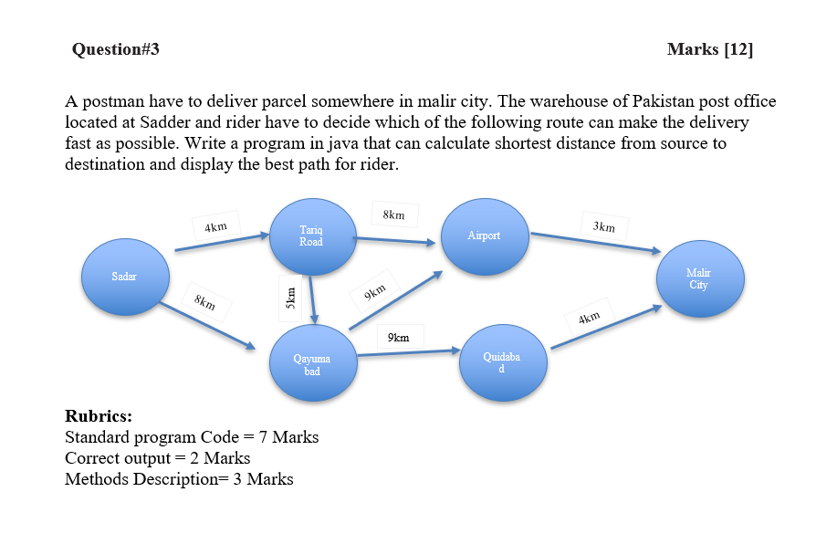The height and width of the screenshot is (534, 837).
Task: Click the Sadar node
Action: (x=124, y=277)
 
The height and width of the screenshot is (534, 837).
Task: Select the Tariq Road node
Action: (x=310, y=236)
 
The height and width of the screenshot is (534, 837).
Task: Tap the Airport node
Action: (x=484, y=236)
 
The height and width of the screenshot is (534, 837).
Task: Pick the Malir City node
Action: (x=698, y=279)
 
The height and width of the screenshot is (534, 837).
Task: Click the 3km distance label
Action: (x=603, y=225)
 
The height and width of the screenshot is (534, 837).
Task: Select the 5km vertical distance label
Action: (x=289, y=298)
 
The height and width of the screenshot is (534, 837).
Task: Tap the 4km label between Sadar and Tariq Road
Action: (x=216, y=226)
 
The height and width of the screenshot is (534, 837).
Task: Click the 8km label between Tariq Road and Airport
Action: (x=394, y=215)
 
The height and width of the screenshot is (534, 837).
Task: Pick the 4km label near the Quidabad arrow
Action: (x=589, y=318)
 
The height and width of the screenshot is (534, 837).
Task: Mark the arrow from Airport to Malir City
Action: (x=595, y=242)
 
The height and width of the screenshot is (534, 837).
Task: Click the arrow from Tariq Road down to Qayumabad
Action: (x=313, y=298)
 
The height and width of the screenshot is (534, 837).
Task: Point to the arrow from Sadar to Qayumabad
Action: (x=207, y=325)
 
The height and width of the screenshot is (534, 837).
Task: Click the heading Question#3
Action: (x=115, y=49)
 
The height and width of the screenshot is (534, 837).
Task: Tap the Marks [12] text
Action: (x=710, y=49)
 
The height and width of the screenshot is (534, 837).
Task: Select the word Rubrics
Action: (x=99, y=417)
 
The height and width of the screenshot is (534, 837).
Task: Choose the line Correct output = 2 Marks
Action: (x=157, y=458)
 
